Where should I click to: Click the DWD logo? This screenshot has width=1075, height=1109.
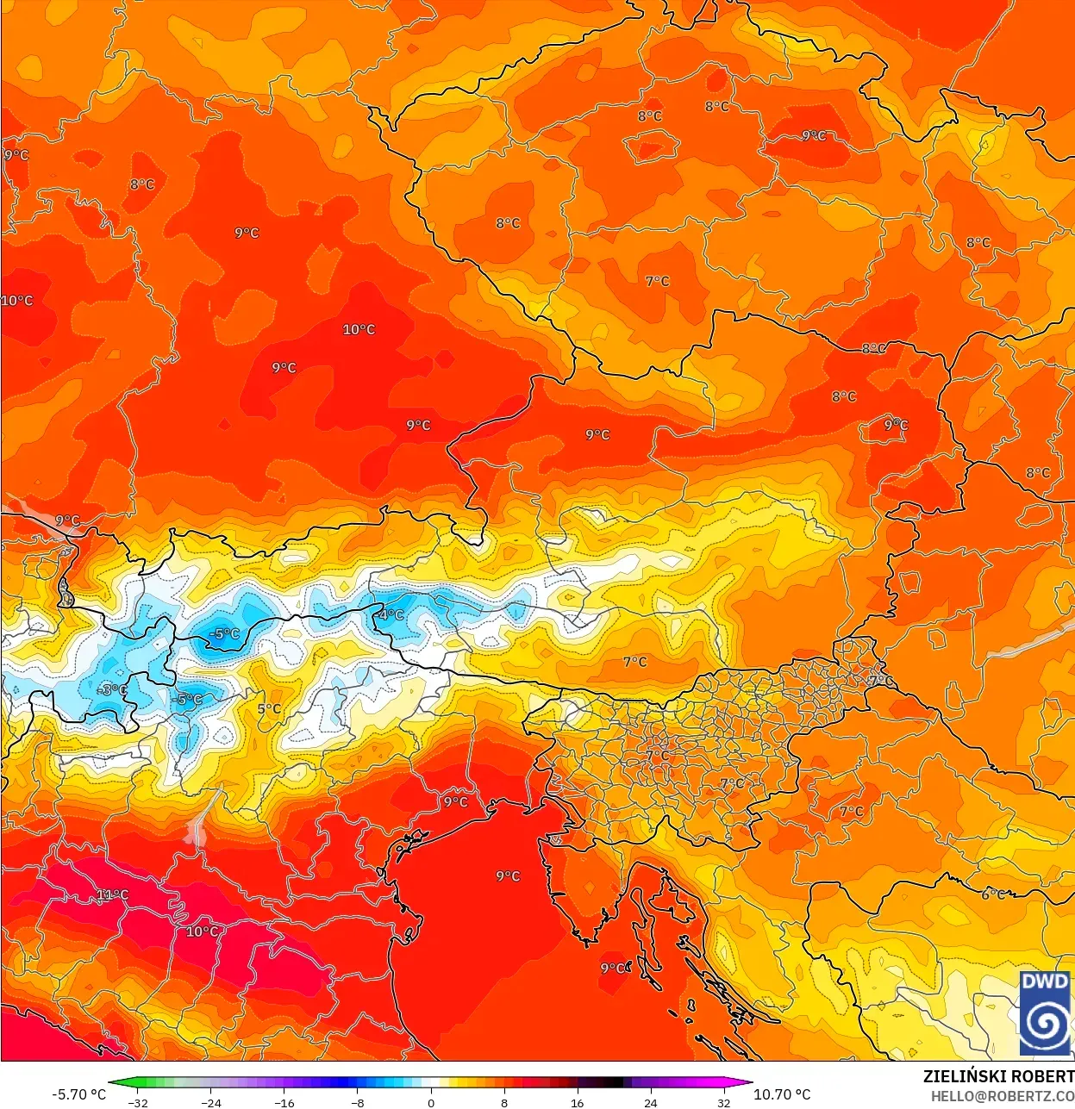(1045, 1012)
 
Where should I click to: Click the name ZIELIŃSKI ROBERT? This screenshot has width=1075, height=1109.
(998, 1076)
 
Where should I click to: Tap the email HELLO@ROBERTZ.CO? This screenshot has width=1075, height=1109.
(1002, 1095)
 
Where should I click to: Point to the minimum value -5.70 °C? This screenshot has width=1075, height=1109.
(79, 1094)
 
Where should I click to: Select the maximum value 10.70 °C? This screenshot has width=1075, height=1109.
(782, 1094)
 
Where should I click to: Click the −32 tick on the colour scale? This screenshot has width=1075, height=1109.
(138, 1103)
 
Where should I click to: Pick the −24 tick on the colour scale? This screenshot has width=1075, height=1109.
(211, 1103)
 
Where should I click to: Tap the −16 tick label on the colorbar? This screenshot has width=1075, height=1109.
(284, 1103)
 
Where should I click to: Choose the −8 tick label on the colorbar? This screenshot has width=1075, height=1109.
(358, 1103)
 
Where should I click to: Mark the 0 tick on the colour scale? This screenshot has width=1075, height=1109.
(431, 1103)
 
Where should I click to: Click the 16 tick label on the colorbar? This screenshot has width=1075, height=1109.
(577, 1103)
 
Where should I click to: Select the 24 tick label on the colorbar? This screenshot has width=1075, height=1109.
(650, 1103)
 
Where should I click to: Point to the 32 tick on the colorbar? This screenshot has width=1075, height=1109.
(723, 1103)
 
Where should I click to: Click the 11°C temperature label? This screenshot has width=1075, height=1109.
(112, 894)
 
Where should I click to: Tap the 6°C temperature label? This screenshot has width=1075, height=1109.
(993, 894)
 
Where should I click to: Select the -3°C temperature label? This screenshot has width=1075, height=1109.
(112, 689)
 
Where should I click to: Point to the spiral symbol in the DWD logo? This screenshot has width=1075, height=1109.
(1045, 1023)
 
